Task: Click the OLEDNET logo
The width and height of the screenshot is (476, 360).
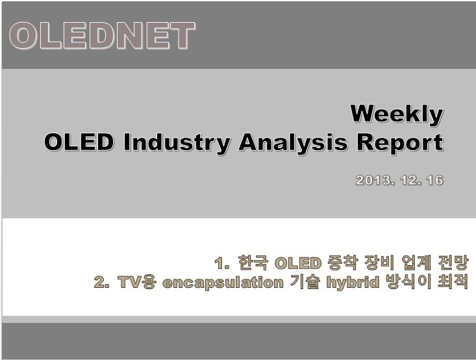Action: [103, 36]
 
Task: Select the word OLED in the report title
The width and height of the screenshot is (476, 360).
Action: [79, 142]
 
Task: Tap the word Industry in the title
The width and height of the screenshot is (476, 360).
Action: [177, 144]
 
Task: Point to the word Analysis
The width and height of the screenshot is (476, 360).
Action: [293, 144]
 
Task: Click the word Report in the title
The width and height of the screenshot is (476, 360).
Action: [400, 144]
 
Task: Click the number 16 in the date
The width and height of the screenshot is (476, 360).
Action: [434, 181]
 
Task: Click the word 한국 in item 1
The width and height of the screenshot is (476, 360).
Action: [253, 263]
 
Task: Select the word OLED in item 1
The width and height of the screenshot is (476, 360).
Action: [298, 263]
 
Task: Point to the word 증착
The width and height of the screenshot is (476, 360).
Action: [343, 263]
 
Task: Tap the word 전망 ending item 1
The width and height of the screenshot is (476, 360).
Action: [453, 263]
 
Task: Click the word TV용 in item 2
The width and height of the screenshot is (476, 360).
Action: [137, 282]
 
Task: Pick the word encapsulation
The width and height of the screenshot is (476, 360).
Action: [223, 283]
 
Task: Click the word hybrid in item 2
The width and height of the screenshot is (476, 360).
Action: [353, 283]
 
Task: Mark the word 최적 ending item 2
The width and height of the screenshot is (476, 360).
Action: [453, 282]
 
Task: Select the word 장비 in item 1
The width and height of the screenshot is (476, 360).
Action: [379, 263]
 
